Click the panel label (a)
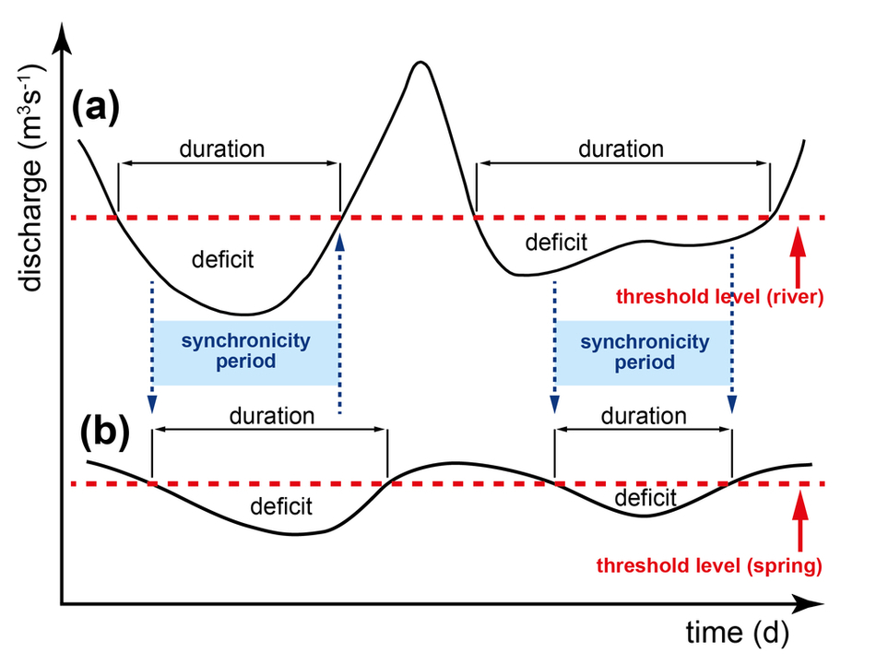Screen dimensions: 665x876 [96, 110]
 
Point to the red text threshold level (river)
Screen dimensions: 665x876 [721, 297]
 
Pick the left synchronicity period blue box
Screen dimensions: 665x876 [245, 351]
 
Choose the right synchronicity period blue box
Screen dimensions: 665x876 [645, 351]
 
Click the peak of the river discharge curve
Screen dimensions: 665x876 [420, 63]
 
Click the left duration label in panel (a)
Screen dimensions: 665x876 [221, 148]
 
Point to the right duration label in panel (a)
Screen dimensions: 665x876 [621, 148]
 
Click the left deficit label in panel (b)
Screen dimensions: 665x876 [280, 505]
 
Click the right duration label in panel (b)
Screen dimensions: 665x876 [644, 416]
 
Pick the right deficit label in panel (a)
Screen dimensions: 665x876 [555, 243]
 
